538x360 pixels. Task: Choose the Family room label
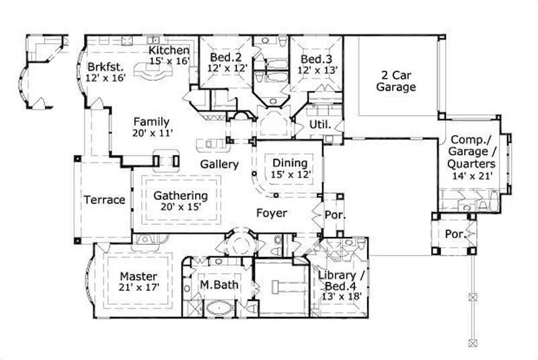151,122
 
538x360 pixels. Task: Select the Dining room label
290,163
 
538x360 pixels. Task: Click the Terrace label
104,200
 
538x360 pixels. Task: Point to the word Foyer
271,213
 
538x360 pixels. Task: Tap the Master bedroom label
139,276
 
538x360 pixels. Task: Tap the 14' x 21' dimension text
473,176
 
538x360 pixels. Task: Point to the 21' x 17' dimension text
139,288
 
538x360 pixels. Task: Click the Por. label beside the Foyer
334,217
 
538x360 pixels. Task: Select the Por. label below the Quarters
455,234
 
